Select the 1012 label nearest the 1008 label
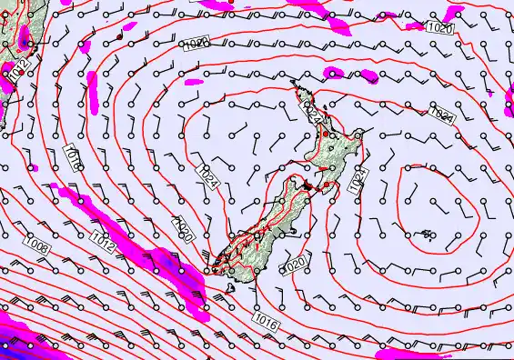pyautogui.click(x=103, y=240)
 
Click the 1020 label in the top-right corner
pyautogui.click(x=440, y=28)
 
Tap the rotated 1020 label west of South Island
pyautogui.click(x=184, y=231)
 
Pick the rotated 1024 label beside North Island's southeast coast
pyautogui.click(x=357, y=178)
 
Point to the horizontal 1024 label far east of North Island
pyautogui.click(x=442, y=113)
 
